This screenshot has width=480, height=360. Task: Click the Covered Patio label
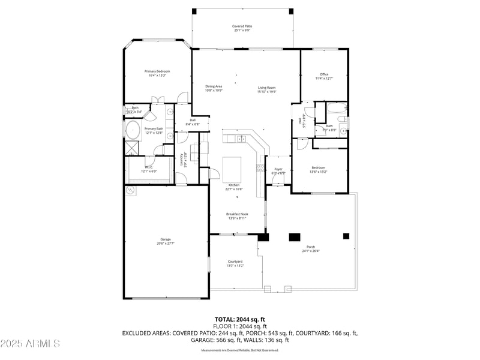click(243, 26)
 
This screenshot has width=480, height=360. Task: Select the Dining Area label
click(214, 86)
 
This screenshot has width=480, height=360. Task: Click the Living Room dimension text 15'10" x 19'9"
click(266, 91)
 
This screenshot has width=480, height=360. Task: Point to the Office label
click(324, 74)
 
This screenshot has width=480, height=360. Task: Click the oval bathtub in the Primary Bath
click(133, 130)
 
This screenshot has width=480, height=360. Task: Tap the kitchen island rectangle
click(232, 170)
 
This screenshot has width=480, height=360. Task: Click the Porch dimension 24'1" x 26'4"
click(311, 251)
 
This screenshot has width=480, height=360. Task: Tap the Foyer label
click(278, 169)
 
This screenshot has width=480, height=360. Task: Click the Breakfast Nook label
click(237, 214)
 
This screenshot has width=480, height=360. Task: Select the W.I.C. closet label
click(148, 167)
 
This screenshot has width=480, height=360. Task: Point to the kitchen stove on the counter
click(261, 167)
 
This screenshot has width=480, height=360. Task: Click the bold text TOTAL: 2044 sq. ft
click(240, 319)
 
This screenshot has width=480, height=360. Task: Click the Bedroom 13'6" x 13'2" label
click(318, 167)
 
